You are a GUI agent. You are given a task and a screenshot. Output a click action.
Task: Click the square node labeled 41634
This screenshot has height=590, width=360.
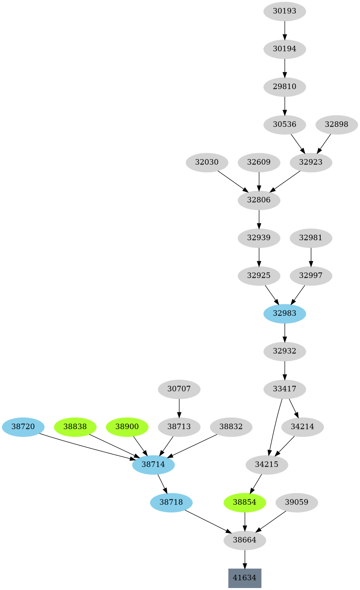(245, 578)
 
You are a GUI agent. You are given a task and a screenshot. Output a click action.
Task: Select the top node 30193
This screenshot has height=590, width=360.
(284, 11)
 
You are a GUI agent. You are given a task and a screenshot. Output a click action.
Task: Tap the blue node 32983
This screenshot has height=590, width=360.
(284, 313)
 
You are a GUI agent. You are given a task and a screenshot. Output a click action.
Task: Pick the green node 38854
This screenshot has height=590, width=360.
(245, 502)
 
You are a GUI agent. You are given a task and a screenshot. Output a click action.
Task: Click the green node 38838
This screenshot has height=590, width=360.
(75, 427)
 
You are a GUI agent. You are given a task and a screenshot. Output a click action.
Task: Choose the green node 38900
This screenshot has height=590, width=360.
(127, 427)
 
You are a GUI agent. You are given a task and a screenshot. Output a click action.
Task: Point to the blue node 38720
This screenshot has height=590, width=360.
(23, 427)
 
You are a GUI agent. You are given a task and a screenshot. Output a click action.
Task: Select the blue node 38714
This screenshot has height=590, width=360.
(153, 464)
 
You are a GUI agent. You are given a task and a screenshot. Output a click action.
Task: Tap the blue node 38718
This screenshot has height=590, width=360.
(171, 502)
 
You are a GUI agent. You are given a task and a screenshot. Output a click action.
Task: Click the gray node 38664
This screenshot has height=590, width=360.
(245, 540)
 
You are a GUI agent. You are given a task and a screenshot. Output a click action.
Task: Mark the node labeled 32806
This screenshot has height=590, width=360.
(259, 200)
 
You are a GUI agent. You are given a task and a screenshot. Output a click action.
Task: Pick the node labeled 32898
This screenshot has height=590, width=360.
(336, 124)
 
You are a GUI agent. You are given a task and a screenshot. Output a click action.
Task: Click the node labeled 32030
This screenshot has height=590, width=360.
(207, 162)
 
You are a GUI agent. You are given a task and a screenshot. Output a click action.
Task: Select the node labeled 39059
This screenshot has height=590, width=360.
(297, 502)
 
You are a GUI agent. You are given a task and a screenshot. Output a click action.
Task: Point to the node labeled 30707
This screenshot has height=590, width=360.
(179, 389)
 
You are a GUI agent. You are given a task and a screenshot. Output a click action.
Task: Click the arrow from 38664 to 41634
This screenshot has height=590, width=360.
(245, 559)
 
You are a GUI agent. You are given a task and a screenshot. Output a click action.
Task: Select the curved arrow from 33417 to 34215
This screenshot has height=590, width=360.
(275, 427)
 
